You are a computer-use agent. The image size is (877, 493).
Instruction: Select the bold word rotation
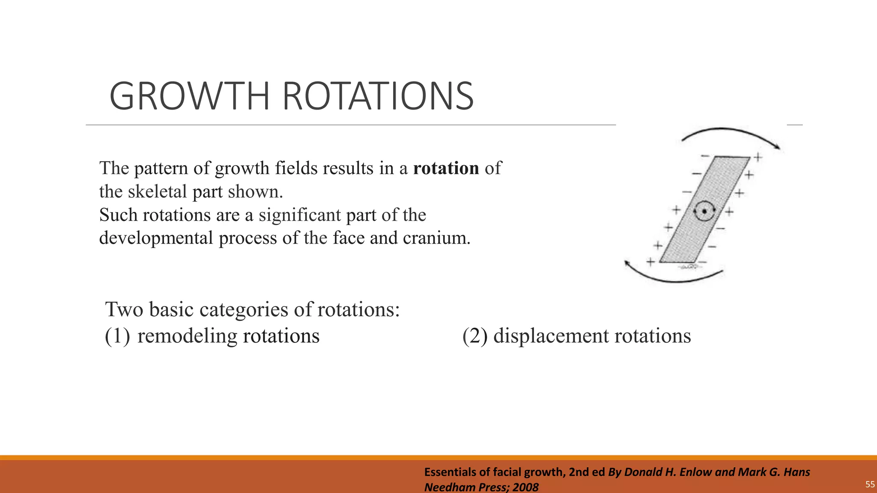click(446, 168)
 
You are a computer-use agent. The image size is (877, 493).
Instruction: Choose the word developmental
click(156, 238)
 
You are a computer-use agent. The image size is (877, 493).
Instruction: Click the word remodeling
click(187, 336)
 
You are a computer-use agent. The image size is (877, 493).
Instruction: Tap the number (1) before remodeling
click(117, 336)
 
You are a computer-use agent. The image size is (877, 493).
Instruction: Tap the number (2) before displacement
click(474, 336)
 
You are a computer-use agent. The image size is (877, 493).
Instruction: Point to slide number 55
click(870, 484)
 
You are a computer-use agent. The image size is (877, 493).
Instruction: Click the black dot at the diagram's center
click(704, 211)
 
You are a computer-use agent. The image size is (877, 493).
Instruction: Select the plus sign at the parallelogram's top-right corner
click(758, 157)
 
